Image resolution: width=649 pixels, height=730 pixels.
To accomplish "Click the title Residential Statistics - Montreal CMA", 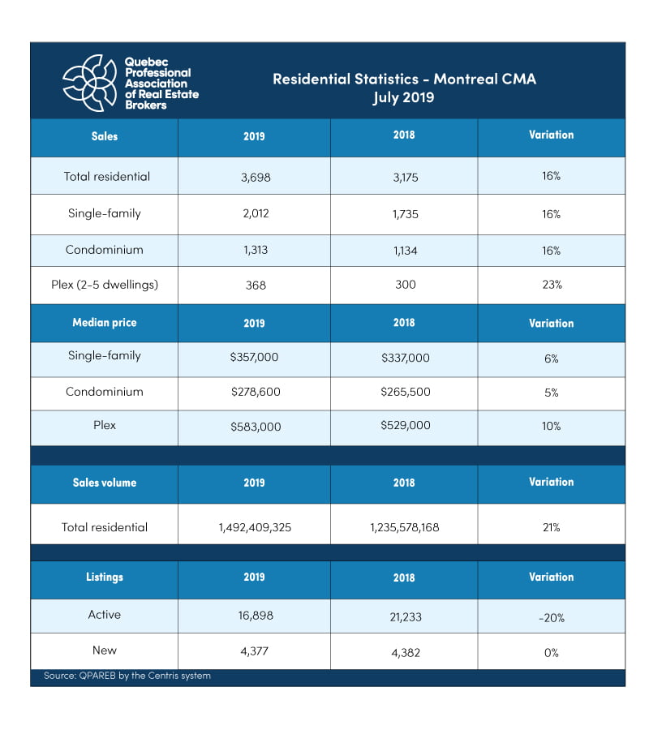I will (404, 79).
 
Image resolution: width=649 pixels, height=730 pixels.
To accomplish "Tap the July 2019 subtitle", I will (404, 98).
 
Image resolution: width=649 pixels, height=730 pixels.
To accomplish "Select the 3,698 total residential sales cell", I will (254, 176).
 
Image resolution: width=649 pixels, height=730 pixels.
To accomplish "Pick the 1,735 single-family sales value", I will (403, 214).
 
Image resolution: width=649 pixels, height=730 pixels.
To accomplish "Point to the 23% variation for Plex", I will (551, 286).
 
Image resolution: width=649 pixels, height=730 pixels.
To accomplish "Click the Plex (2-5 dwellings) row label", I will (105, 286).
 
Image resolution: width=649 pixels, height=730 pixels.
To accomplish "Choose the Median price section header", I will (104, 323).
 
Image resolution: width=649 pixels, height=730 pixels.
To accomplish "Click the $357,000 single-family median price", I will (254, 358).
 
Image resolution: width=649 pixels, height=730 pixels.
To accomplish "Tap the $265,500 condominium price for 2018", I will (403, 393).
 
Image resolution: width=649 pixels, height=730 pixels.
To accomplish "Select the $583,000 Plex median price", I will (254, 427).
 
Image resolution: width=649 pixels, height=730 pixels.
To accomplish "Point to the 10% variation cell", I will (551, 427).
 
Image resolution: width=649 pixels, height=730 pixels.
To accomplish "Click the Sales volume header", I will (104, 483).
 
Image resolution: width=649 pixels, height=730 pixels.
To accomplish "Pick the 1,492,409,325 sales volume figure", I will (254, 527).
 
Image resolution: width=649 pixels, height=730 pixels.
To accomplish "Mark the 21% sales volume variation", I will (551, 527).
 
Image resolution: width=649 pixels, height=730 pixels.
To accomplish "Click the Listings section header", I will (104, 578).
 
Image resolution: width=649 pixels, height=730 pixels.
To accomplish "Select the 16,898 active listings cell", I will (254, 616).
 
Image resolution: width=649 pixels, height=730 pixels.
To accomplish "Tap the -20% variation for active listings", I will (551, 617).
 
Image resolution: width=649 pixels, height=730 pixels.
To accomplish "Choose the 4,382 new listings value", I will (403, 652).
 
